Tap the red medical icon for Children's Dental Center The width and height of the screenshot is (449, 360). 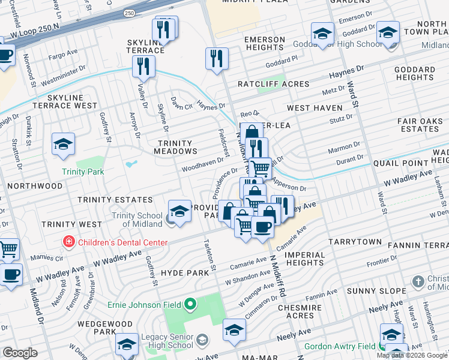click(x=70, y=243)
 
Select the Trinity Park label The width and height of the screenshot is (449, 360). click(x=83, y=172)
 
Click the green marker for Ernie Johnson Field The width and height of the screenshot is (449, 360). click(x=191, y=305)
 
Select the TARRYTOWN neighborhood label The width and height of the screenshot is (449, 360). click(x=355, y=242)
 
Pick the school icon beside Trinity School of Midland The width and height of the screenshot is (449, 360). click(x=179, y=210)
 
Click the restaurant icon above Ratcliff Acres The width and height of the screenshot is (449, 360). click(x=217, y=58)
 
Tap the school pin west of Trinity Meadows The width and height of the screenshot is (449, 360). click(x=63, y=144)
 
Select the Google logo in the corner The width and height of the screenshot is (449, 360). click(x=20, y=353)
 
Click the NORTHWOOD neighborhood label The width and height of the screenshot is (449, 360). click(x=35, y=186)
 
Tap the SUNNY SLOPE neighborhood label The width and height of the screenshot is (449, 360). click(x=368, y=290)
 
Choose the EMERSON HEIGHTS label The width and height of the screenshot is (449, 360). click(x=264, y=44)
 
